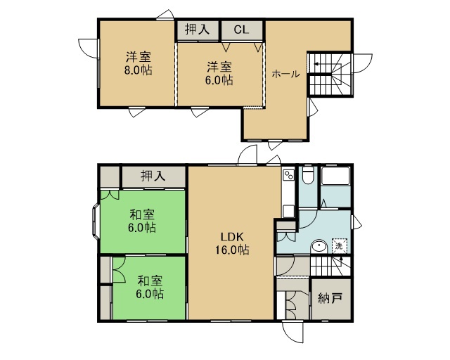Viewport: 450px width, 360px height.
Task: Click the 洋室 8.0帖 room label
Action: pyautogui.click(x=139, y=63)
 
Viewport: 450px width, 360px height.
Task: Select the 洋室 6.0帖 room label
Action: pyautogui.click(x=219, y=74)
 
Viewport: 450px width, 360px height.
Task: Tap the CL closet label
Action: pyautogui.click(x=241, y=30)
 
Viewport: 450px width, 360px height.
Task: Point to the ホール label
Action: pyautogui.click(x=285, y=74)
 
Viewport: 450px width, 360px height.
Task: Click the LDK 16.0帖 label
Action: pyautogui.click(x=232, y=244)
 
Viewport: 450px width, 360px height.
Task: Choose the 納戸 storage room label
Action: pyautogui.click(x=330, y=299)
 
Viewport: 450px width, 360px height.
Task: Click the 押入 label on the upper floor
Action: pyautogui.click(x=197, y=30)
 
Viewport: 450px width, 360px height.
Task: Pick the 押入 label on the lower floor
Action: pyautogui.click(x=153, y=176)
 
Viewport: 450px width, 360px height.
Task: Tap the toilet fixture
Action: pyautogui.click(x=308, y=175)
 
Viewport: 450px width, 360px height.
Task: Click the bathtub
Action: pyautogui.click(x=335, y=176)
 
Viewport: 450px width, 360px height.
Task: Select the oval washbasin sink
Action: pyautogui.click(x=319, y=247)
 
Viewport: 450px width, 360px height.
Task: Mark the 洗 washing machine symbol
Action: pyautogui.click(x=339, y=245)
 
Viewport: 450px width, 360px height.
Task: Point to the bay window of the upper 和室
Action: pyautogui.click(x=96, y=221)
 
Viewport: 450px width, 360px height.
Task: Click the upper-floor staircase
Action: pyautogui.click(x=330, y=75)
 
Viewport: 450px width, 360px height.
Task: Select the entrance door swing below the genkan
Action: pyautogui.click(x=292, y=332)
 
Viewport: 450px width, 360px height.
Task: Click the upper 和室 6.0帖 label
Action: pyautogui.click(x=142, y=221)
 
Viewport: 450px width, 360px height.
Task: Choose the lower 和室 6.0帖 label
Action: pyautogui.click(x=150, y=287)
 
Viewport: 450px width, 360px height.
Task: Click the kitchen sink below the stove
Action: pyautogui.click(x=288, y=211)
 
